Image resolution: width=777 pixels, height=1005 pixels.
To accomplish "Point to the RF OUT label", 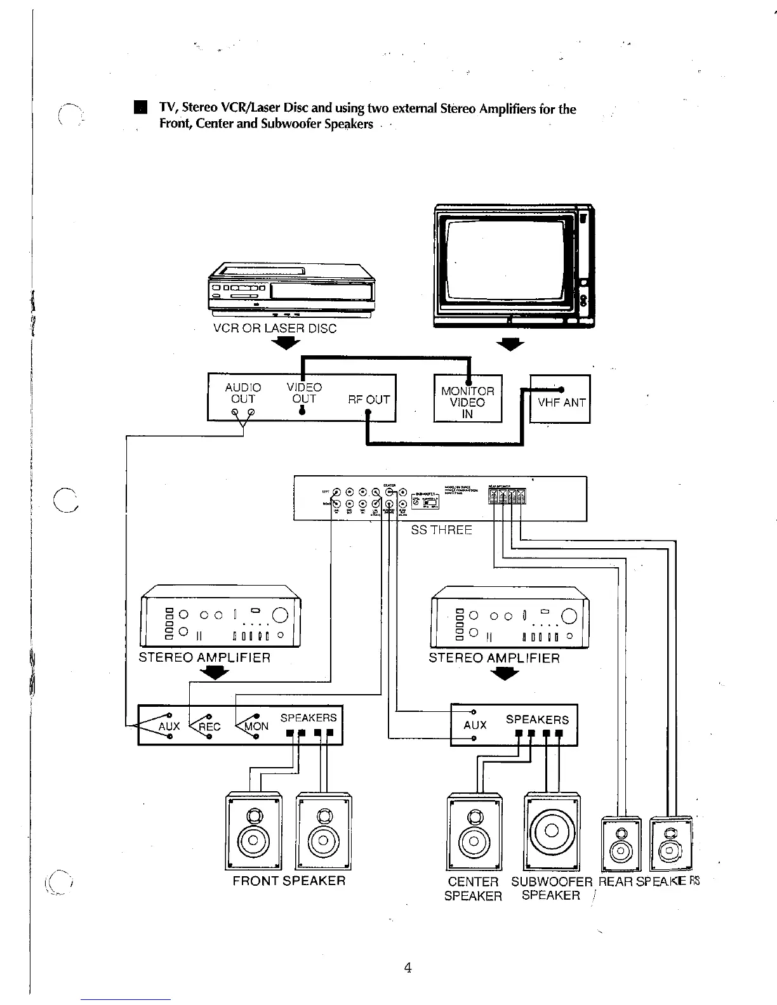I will point(369,400).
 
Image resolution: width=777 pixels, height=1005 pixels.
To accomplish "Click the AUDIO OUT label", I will point(242,393).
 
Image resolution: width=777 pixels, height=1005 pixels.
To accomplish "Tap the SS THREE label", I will point(441,530).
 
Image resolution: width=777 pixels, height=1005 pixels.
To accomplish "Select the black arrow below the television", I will point(511,345).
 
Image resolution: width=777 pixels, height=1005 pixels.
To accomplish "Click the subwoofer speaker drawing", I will point(552,831).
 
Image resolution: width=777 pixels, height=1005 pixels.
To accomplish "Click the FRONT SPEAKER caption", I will point(289,881).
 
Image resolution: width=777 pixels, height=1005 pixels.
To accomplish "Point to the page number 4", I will point(408,968).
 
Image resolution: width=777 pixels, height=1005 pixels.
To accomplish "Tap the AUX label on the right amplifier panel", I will point(475,725).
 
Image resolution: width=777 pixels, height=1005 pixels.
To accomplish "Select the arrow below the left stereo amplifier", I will point(218,674).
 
